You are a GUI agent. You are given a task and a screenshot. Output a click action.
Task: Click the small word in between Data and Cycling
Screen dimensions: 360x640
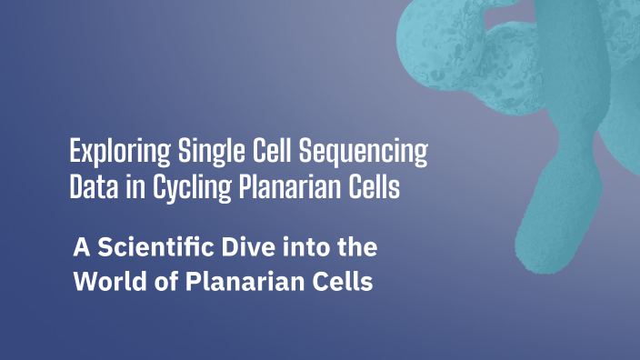point(128,188)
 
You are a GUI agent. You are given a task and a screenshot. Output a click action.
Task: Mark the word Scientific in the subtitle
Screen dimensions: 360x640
point(155,247)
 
